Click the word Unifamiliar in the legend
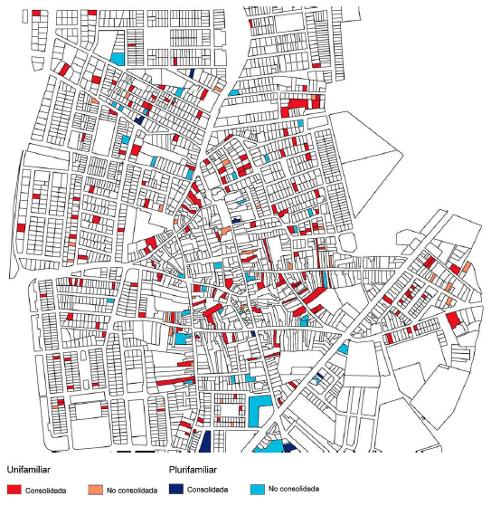click(26, 471)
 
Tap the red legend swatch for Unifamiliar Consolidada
click(14, 489)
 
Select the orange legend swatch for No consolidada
click(94, 489)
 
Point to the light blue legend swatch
click(258, 489)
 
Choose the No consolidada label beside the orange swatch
click(132, 490)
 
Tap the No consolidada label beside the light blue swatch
click(296, 490)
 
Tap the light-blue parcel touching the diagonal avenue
click(344, 348)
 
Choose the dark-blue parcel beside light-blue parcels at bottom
click(288, 446)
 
